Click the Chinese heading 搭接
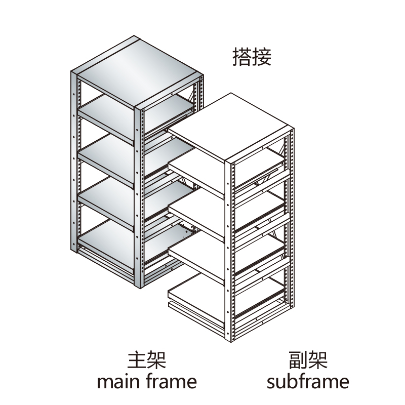pos(252,57)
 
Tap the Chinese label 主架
pos(146,360)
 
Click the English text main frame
pos(146,381)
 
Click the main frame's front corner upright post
pos(139,197)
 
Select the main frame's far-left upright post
pos(74,167)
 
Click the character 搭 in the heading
pos(241,57)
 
